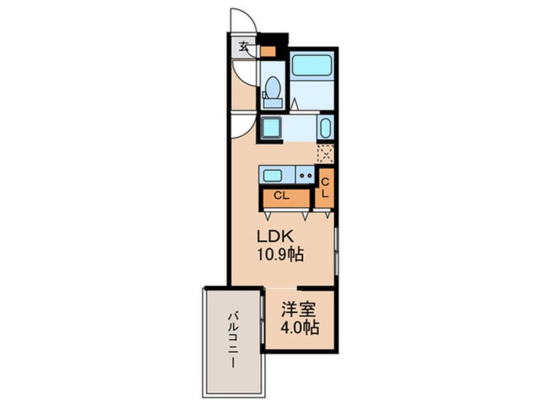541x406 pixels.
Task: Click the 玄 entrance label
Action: (244, 45)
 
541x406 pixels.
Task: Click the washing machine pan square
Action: (271, 127)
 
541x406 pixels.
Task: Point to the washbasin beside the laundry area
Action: (325, 127)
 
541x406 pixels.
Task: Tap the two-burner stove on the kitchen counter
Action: (304, 175)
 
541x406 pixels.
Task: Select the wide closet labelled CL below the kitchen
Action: (282, 195)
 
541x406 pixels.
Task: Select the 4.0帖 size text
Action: (299, 328)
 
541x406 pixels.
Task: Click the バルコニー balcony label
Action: (233, 340)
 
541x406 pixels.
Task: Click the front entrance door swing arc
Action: (243, 19)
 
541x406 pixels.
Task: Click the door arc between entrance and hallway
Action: (244, 71)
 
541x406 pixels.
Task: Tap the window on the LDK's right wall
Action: (336, 249)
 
